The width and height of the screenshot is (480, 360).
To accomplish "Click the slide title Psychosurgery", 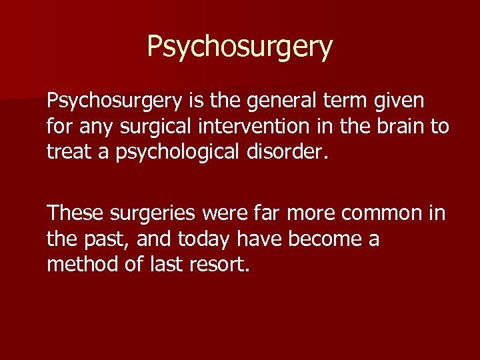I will pyautogui.click(x=239, y=47).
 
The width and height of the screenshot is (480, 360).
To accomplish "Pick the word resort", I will pyautogui.click(x=222, y=264).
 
